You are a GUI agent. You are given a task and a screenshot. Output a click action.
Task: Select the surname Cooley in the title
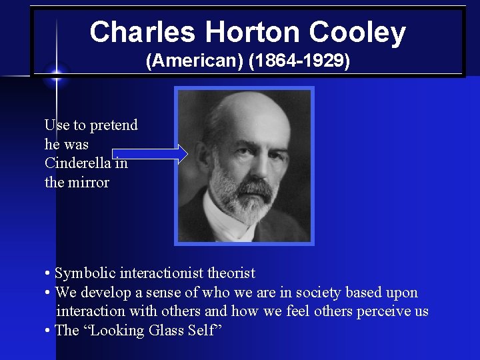click(357, 32)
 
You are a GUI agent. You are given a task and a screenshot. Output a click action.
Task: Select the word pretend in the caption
click(114, 125)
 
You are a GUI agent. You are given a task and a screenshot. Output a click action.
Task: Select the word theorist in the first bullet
click(231, 273)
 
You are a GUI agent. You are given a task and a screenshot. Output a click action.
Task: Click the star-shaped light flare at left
click(57, 73)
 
